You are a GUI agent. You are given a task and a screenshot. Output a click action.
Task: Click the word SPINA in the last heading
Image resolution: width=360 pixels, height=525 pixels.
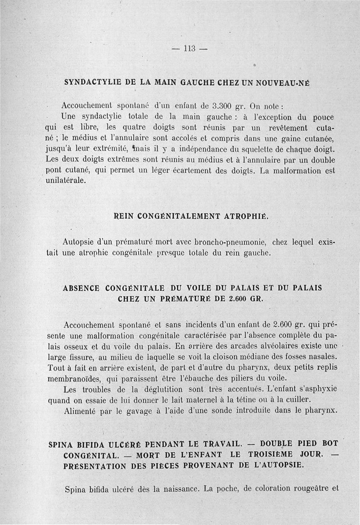point(61,444)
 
